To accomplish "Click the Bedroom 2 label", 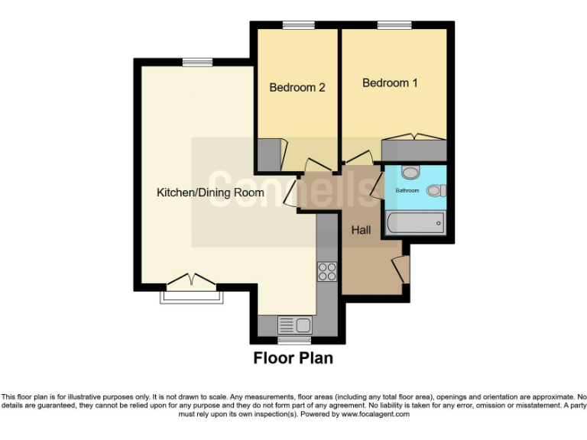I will [297, 87].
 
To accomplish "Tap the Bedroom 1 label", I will [390, 82].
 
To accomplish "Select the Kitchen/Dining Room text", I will [210, 192].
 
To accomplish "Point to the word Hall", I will [361, 229].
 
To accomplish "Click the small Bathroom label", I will [407, 190].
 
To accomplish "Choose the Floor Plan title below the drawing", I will [293, 357].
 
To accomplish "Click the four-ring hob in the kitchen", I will [327, 271].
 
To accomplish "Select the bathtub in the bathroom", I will [415, 224].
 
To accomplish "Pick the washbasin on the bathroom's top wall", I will [410, 173].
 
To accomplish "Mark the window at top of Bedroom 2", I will [295, 26].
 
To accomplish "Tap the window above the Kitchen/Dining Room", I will [197, 63].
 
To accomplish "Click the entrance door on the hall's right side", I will [400, 270].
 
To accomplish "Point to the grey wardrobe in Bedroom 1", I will [413, 150].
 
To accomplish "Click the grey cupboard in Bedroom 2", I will [268, 154].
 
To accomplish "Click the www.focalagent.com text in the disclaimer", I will [375, 414].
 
